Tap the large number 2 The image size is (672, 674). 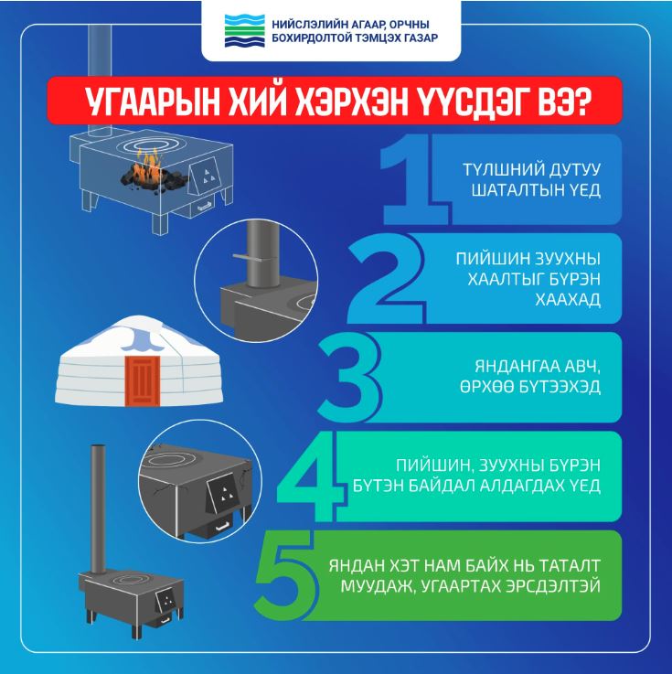click(x=386, y=278)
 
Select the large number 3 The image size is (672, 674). click(x=349, y=377)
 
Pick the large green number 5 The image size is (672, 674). click(x=286, y=575)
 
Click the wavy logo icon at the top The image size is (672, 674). click(x=244, y=31)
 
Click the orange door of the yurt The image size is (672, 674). click(x=143, y=380)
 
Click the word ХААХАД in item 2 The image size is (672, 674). click(x=568, y=299)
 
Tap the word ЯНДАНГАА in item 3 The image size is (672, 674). click(x=511, y=367)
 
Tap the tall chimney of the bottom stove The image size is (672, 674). click(x=98, y=509)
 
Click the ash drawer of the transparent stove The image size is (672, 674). click(x=202, y=208)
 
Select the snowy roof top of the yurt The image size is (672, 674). click(x=137, y=330)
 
